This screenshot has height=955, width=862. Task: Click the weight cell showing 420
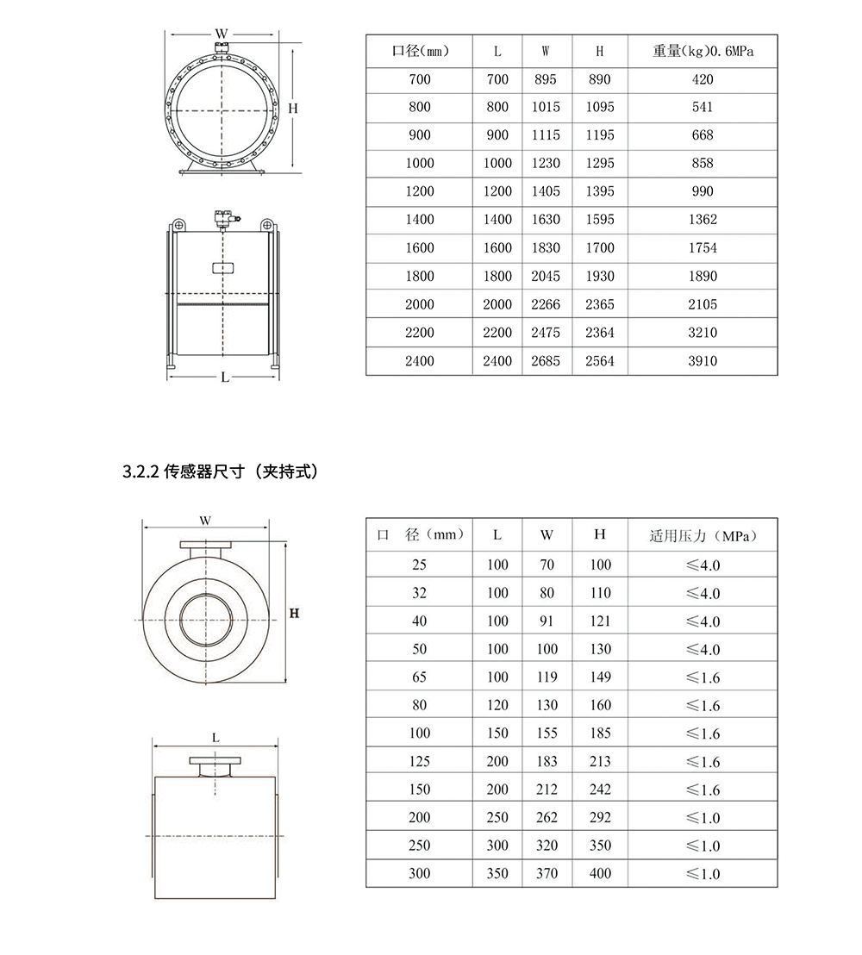tap(703, 79)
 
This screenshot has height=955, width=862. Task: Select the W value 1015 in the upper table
tap(546, 107)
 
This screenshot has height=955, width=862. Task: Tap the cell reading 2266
tap(546, 304)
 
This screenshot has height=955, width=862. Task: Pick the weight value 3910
tap(703, 361)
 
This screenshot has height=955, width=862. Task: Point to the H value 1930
tap(600, 276)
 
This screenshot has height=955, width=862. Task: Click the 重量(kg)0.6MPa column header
tap(703, 51)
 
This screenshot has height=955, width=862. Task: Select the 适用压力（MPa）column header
tap(703, 536)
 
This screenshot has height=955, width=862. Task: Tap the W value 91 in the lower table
tap(547, 621)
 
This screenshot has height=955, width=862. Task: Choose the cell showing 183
tap(547, 761)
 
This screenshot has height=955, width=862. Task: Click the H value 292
tap(600, 817)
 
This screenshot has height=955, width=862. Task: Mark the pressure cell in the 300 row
tap(703, 874)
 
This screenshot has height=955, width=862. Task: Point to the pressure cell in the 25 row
tap(703, 565)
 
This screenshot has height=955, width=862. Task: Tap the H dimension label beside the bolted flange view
tap(293, 109)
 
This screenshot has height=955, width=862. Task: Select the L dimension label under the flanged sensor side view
tap(225, 377)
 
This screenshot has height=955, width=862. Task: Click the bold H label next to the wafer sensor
tap(294, 614)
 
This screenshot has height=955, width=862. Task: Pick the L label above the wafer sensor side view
tap(215, 738)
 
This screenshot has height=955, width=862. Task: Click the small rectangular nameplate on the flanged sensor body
tap(223, 268)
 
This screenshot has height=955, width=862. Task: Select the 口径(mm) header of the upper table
tap(420, 51)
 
